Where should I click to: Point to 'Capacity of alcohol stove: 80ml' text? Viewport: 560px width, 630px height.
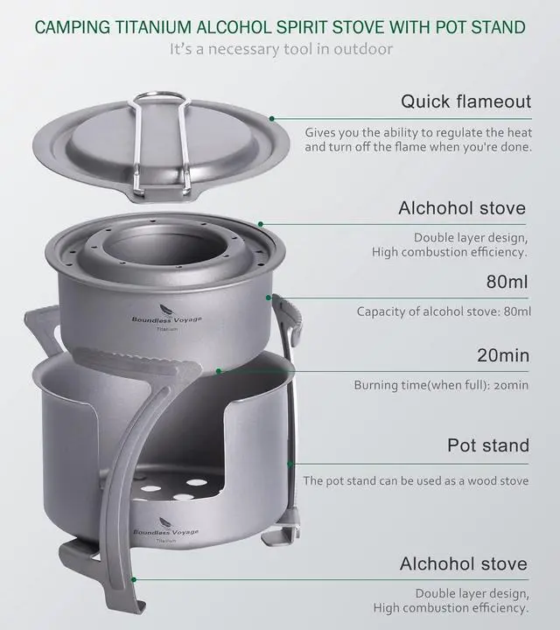pyautogui.click(x=444, y=311)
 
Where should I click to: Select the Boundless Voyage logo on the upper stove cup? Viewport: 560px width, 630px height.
pyautogui.click(x=166, y=320)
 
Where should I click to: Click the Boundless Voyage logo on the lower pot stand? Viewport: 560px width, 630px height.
pyautogui.click(x=165, y=532)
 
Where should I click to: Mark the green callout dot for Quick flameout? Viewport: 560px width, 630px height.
pyautogui.click(x=272, y=118)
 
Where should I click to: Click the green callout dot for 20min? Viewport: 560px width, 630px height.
pyautogui.click(x=219, y=371)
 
